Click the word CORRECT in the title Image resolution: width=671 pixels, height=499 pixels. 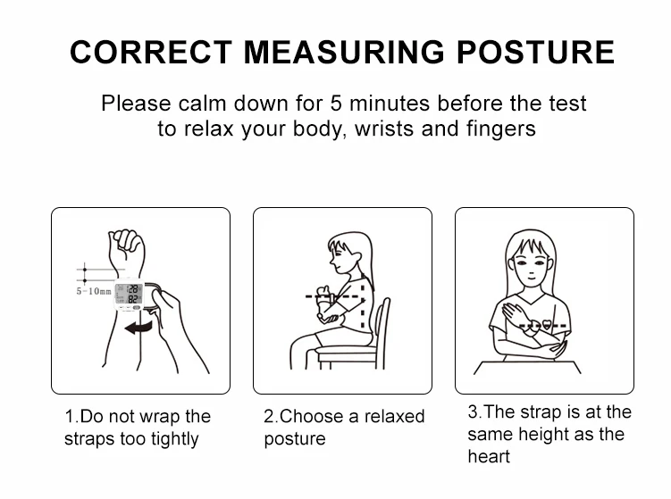[151, 52]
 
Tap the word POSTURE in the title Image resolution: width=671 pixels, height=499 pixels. [535, 52]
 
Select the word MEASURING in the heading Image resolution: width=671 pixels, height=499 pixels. [344, 52]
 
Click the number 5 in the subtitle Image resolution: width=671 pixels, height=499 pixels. [336, 104]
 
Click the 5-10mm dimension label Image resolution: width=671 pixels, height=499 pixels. [94, 291]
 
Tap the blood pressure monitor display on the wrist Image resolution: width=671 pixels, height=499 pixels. [130, 294]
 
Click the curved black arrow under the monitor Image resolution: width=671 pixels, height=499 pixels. [138, 328]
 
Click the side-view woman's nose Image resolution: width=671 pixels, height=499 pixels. [331, 261]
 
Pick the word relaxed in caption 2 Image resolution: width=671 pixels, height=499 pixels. [394, 416]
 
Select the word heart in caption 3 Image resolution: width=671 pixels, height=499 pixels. [489, 457]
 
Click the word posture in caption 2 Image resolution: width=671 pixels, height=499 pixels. [295, 439]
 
